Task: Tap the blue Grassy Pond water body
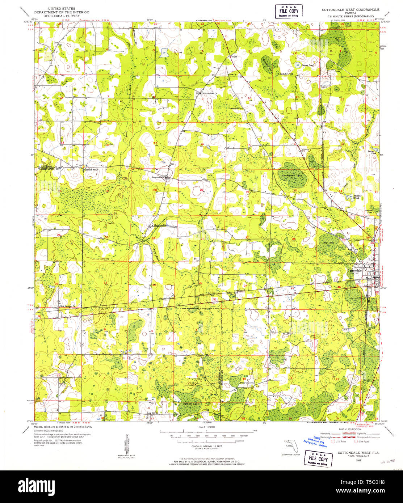pos(298,65)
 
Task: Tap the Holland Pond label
pos(356,197)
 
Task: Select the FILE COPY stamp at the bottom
pos(318,459)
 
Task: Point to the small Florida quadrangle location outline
pos(291,444)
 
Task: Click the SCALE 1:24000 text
pos(207,427)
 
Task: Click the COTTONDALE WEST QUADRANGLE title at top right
pos(350,10)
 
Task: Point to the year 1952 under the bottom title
pos(358,460)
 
